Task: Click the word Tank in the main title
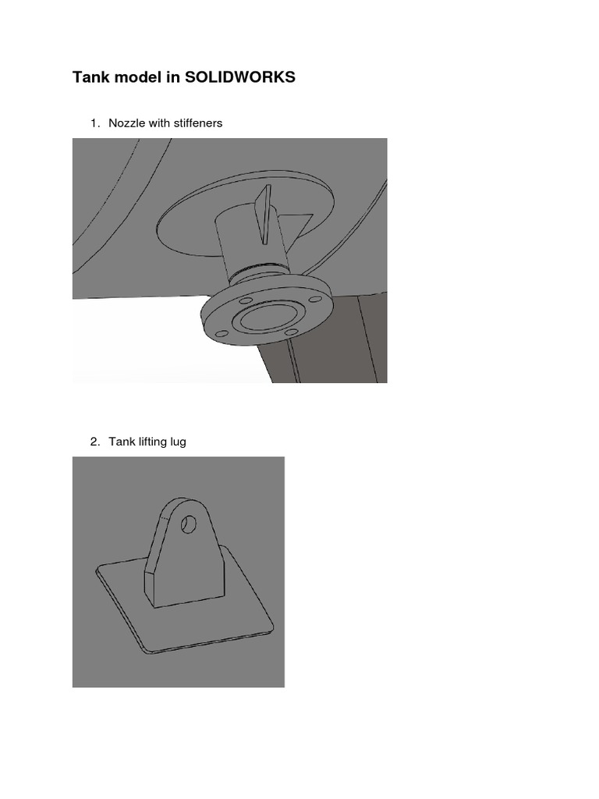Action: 90,77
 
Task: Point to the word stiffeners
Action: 197,123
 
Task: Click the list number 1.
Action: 94,123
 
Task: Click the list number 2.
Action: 94,442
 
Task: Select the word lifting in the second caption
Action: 153,442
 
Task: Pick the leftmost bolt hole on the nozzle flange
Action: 222,334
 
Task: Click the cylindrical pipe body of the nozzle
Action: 237,238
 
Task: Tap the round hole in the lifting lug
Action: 188,524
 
